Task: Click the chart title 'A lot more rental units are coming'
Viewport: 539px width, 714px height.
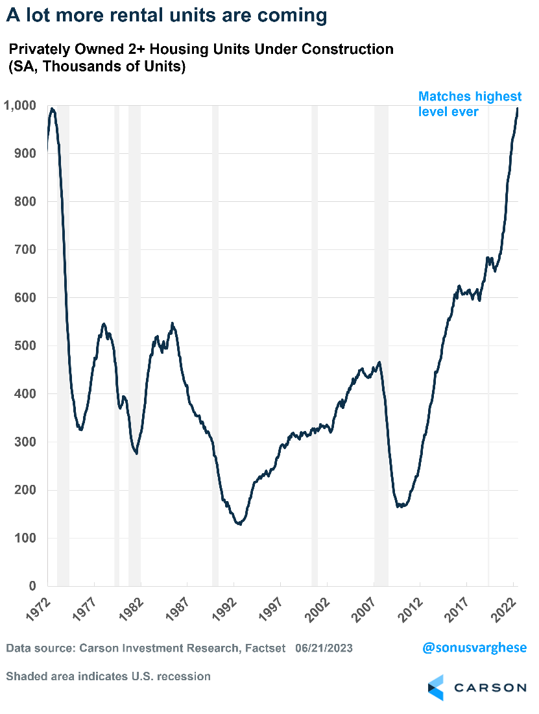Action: click(167, 16)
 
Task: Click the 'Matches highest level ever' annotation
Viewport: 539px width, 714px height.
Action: click(470, 104)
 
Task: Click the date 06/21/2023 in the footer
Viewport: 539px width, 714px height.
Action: click(324, 648)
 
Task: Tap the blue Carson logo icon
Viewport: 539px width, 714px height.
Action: click(435, 687)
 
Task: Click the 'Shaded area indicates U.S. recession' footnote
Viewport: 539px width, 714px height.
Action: click(108, 676)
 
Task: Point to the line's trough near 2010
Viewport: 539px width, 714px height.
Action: click(400, 506)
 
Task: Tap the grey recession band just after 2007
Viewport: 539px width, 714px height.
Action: click(381, 454)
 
